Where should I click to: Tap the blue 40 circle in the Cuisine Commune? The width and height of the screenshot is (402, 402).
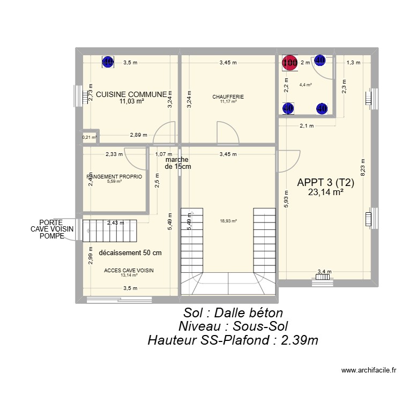(108, 62)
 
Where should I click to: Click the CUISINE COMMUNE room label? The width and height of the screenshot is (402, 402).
(131, 94)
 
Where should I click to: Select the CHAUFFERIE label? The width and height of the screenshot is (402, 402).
(228, 97)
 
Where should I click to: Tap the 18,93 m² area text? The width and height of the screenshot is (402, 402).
(228, 220)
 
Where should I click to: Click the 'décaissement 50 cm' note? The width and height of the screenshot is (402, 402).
(130, 252)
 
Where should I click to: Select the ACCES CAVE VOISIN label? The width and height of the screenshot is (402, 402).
(129, 271)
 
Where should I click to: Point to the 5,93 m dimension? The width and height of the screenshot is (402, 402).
(286, 199)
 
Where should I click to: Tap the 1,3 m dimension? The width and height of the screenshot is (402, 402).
(353, 63)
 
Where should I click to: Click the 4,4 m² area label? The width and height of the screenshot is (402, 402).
(306, 85)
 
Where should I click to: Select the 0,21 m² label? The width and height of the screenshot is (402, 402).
(89, 137)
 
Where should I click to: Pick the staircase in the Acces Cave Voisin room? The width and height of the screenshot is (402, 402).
(110, 231)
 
